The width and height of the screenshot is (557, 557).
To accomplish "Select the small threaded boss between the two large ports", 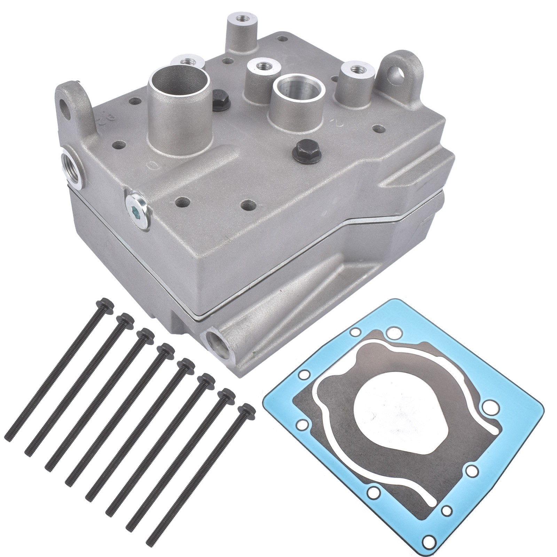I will click(260, 65).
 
